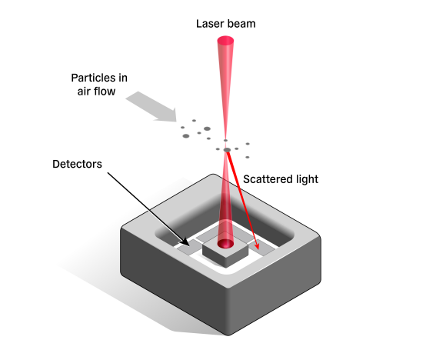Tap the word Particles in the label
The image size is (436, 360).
coord(92,78)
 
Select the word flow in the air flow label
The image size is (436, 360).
coord(104,92)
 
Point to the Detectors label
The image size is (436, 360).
coord(77,164)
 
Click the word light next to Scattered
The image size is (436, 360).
coord(307,179)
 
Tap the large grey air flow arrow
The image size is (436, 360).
coord(151,107)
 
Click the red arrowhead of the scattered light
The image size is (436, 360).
coord(257,246)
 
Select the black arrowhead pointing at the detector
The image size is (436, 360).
coord(185,242)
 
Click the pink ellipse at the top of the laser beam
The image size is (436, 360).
coord(225,40)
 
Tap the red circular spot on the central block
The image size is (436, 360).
coord(225,244)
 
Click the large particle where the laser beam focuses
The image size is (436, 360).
coord(227,150)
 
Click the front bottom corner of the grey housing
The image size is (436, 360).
coord(228,335)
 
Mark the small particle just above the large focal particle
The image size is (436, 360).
coord(225,141)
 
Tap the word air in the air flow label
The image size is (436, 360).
coord(83,92)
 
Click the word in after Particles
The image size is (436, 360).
coord(123,78)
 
